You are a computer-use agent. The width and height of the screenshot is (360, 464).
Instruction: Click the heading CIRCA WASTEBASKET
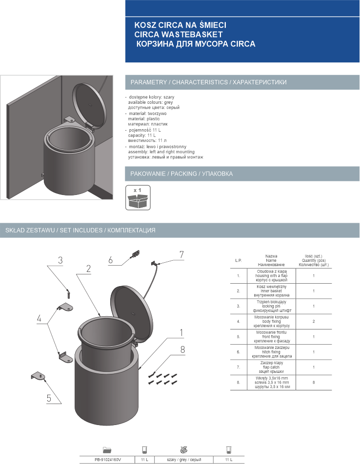tap(178, 34)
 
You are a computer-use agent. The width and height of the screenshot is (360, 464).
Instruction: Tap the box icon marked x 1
tap(138, 197)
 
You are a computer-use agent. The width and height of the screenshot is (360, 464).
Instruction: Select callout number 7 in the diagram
tap(181, 254)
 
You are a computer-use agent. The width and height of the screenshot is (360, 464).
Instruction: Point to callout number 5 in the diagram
tap(49, 398)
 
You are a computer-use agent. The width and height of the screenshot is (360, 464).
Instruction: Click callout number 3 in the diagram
tap(60, 261)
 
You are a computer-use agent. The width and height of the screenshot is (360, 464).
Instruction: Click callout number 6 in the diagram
tap(111, 260)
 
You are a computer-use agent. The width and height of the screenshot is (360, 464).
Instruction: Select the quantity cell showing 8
tap(314, 383)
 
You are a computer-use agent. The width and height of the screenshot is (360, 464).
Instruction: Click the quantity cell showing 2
tap(314, 322)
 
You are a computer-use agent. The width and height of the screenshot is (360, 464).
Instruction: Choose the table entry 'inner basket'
tap(272, 291)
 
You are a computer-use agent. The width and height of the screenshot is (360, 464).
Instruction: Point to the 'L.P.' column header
tap(239, 260)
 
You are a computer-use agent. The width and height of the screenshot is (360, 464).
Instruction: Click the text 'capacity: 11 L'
tap(142, 135)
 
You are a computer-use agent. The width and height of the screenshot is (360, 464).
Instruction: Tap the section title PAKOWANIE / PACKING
tap(181, 174)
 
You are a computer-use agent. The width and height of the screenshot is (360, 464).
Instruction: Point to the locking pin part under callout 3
tap(69, 293)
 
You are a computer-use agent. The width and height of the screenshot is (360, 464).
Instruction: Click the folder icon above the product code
tap(107, 449)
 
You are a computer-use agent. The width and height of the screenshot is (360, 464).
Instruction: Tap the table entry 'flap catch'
tap(272, 367)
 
